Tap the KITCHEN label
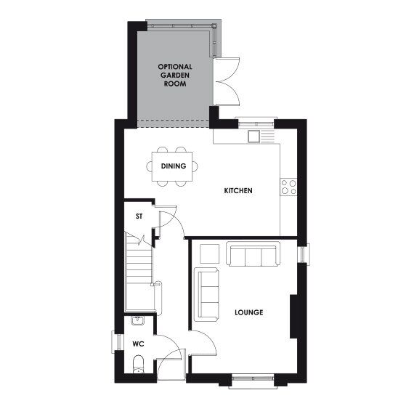click(238, 190)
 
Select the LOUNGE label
click(248, 312)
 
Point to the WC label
click(138, 344)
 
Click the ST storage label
click(139, 216)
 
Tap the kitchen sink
click(253, 135)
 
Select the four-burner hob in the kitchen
click(288, 187)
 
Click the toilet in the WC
click(138, 363)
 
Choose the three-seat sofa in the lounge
click(252, 255)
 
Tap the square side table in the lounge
click(208, 253)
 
